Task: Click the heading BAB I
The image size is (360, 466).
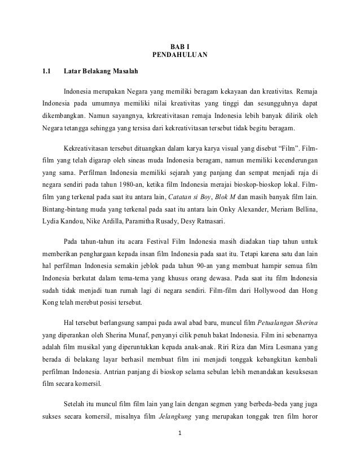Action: pyautogui.click(x=179, y=45)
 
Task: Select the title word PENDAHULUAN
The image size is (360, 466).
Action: pyautogui.click(x=179, y=55)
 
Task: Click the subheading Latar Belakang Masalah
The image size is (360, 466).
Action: pyautogui.click(x=99, y=72)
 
